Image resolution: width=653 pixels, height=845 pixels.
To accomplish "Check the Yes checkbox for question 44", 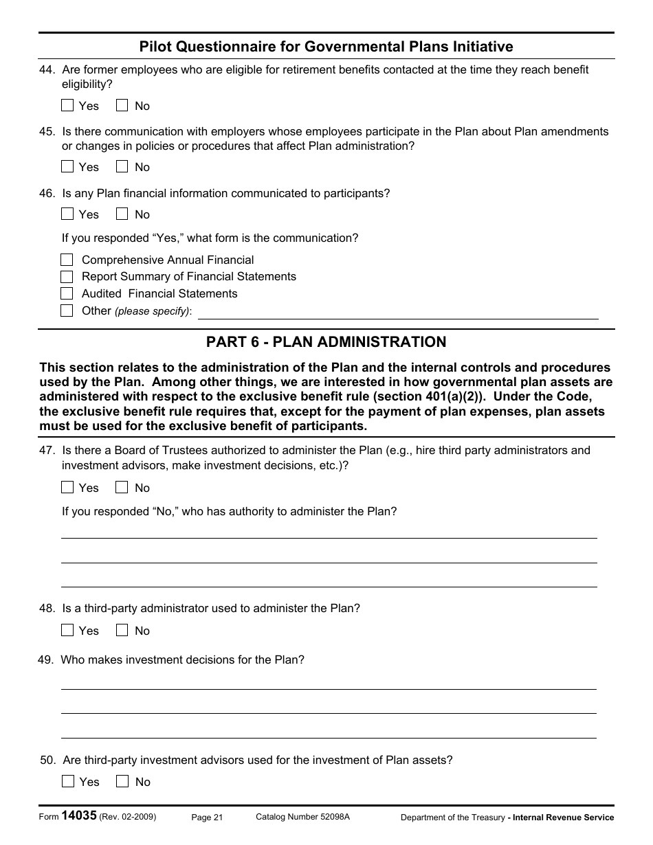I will point(67,106).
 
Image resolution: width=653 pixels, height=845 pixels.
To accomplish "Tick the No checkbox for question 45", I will point(122,167).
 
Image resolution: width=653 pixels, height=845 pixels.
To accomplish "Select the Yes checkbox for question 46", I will point(67,214).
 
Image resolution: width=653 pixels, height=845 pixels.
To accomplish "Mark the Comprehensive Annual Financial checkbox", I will point(67,260).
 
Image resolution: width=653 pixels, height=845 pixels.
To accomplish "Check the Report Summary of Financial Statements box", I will point(67,277).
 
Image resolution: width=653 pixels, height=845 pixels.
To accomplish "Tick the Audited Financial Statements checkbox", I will point(67,293).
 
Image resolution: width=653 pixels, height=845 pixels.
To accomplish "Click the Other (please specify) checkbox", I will point(67,311).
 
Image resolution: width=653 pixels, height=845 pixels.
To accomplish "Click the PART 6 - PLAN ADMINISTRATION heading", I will point(326,342).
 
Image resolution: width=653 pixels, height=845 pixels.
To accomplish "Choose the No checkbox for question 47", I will point(122,488).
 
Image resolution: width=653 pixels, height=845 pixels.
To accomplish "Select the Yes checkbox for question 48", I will point(67,631).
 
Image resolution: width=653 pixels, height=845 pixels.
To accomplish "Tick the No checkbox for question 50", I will point(122,782).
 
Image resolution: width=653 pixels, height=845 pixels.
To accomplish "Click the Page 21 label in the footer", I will point(207,818).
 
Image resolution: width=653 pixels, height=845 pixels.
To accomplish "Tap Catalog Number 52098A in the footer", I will point(302,817).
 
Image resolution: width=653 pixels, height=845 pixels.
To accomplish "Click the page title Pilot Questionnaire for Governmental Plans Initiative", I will point(326,47).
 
